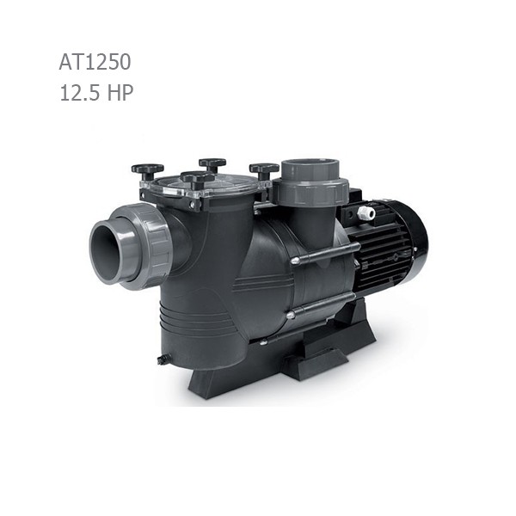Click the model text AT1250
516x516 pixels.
95,62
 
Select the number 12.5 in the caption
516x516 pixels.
79,92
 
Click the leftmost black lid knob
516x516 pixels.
147,169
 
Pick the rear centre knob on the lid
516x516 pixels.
212,163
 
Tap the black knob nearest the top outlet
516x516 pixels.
264,169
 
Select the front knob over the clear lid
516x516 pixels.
198,178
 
